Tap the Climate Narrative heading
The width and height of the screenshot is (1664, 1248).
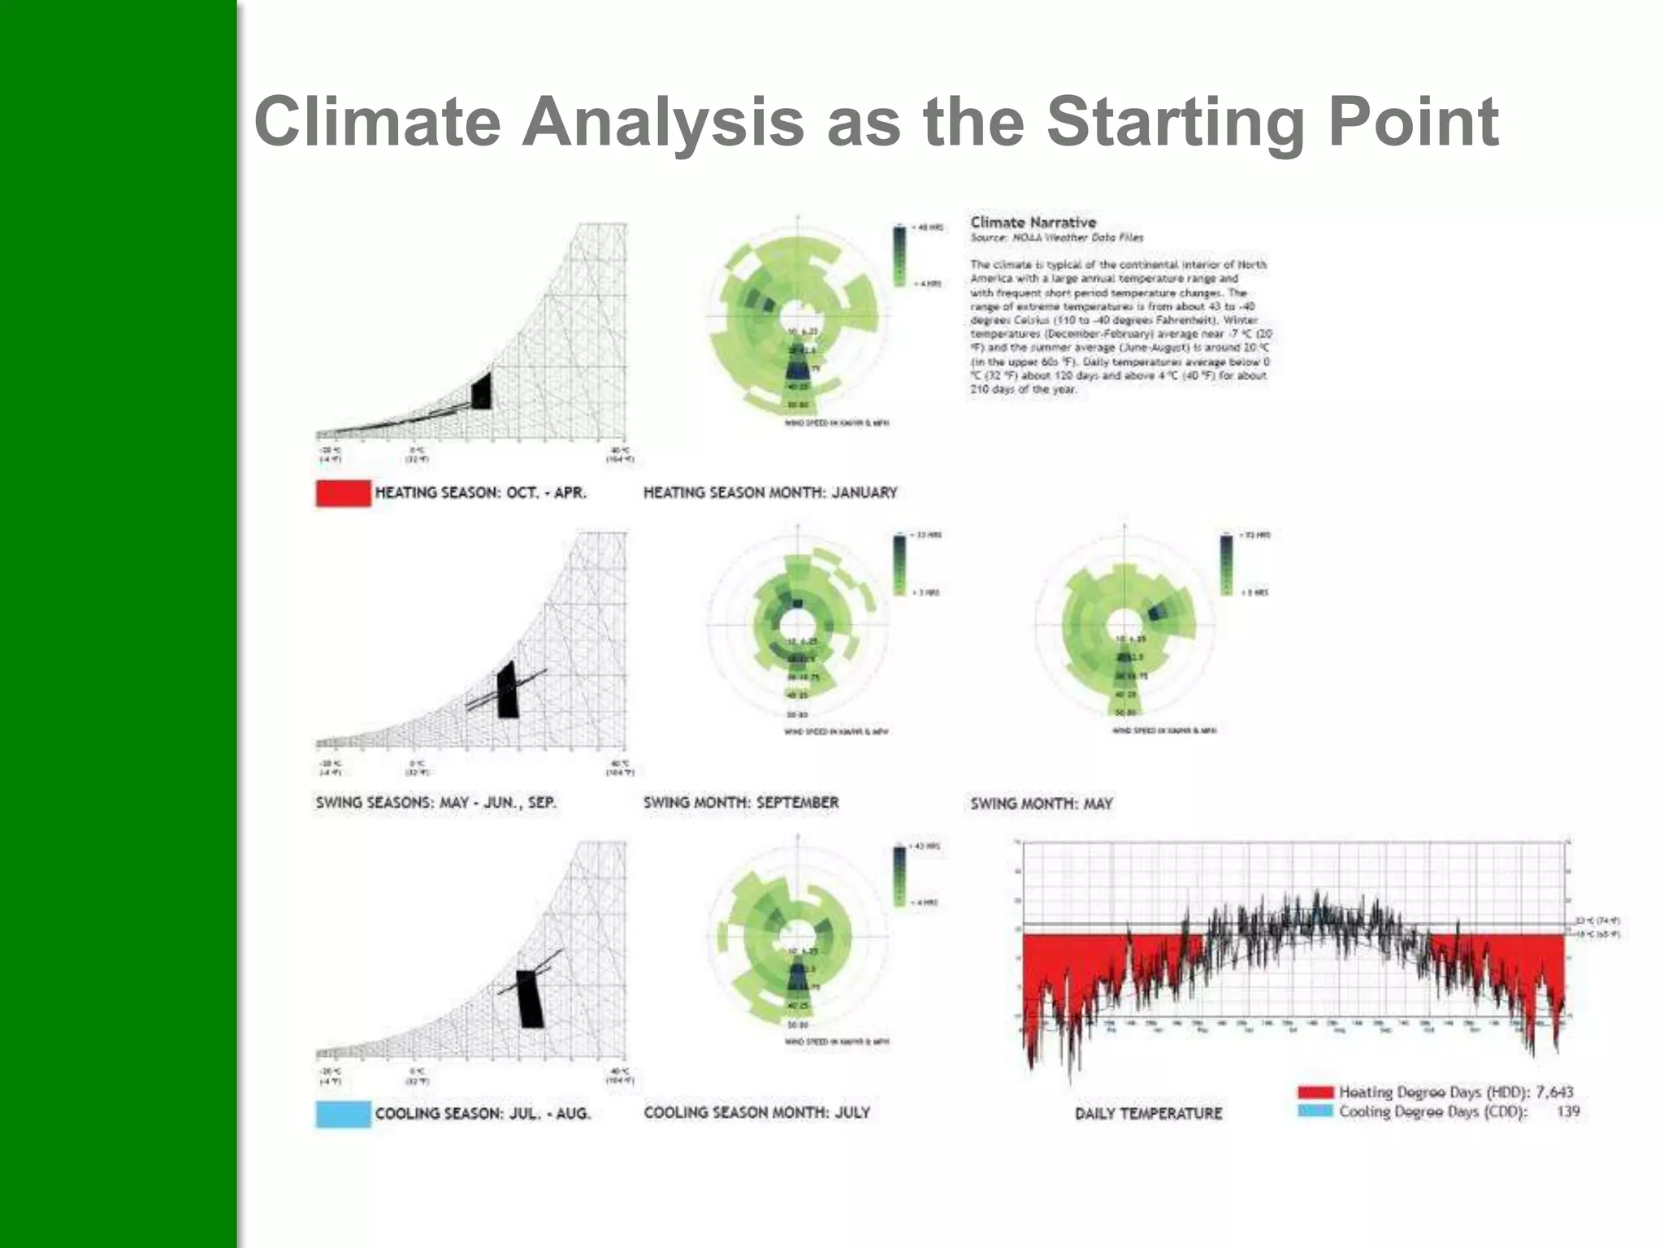[x=1033, y=222]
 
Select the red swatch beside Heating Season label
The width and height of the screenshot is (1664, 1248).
[x=343, y=493]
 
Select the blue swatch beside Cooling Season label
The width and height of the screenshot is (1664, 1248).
[x=343, y=1113]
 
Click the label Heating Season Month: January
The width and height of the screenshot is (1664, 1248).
[x=770, y=492]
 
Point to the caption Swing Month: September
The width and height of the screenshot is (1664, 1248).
[x=741, y=803]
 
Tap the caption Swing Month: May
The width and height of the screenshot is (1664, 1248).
[x=1041, y=804]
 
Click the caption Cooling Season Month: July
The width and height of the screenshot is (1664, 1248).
[x=756, y=1112]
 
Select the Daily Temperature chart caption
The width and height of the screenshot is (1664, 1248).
[x=1148, y=1113]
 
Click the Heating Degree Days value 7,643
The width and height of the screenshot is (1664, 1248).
[x=1553, y=1092]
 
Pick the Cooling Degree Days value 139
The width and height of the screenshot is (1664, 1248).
[x=1567, y=1111]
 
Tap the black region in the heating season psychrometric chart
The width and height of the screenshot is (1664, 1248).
[x=481, y=392]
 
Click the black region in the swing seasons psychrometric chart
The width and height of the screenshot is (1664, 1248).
[x=507, y=691]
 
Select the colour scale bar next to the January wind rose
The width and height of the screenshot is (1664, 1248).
[x=899, y=256]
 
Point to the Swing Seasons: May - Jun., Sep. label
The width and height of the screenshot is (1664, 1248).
[x=435, y=803]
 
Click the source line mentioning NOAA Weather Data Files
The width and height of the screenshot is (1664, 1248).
[x=1056, y=238]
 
